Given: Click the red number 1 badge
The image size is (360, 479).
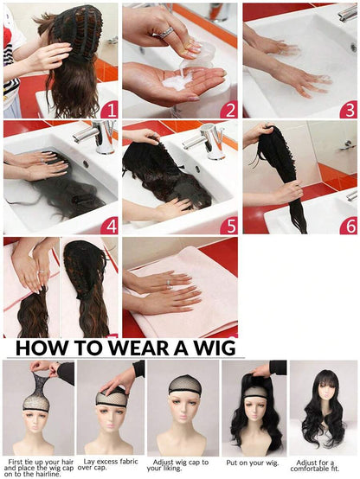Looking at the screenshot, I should (108, 109).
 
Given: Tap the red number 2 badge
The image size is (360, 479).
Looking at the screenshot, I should (228, 109).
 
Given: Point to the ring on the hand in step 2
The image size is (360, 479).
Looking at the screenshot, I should (165, 32).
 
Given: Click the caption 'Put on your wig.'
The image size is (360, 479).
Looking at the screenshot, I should (253, 463).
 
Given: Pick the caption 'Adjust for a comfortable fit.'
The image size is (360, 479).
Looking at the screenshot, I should (323, 466).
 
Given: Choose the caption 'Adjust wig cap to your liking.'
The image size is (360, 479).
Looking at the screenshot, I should (181, 466).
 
